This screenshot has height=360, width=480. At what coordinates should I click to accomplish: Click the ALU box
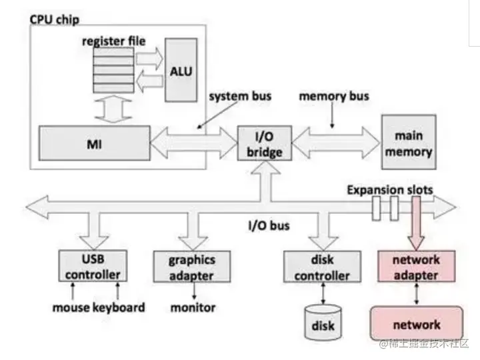(181, 70)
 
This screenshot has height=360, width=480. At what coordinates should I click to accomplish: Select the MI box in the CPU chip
(95, 143)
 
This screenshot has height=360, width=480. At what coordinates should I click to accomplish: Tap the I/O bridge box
(265, 143)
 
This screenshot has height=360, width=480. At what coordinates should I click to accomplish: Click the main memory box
(409, 142)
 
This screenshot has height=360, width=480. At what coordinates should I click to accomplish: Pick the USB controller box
(93, 266)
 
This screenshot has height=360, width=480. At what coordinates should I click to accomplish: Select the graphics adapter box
(192, 266)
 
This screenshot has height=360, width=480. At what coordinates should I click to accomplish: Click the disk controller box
(322, 266)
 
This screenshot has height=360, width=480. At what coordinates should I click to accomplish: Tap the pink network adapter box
(416, 266)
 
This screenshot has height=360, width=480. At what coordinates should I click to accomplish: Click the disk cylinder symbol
(323, 323)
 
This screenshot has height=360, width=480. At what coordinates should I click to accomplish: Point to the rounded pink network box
(417, 323)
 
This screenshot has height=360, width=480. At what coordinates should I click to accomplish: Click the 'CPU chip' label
(55, 20)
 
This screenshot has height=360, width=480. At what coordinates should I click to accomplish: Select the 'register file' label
(114, 41)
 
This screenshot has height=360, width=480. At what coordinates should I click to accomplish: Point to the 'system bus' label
(240, 96)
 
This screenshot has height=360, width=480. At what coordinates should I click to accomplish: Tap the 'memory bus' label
(334, 96)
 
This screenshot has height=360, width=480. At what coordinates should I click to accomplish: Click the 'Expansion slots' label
(390, 190)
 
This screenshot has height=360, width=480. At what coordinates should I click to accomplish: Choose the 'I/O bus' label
(269, 226)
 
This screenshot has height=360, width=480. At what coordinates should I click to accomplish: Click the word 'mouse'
(71, 307)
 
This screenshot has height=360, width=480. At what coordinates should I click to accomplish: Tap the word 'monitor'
(193, 307)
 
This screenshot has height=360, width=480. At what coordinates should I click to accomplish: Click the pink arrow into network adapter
(416, 223)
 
